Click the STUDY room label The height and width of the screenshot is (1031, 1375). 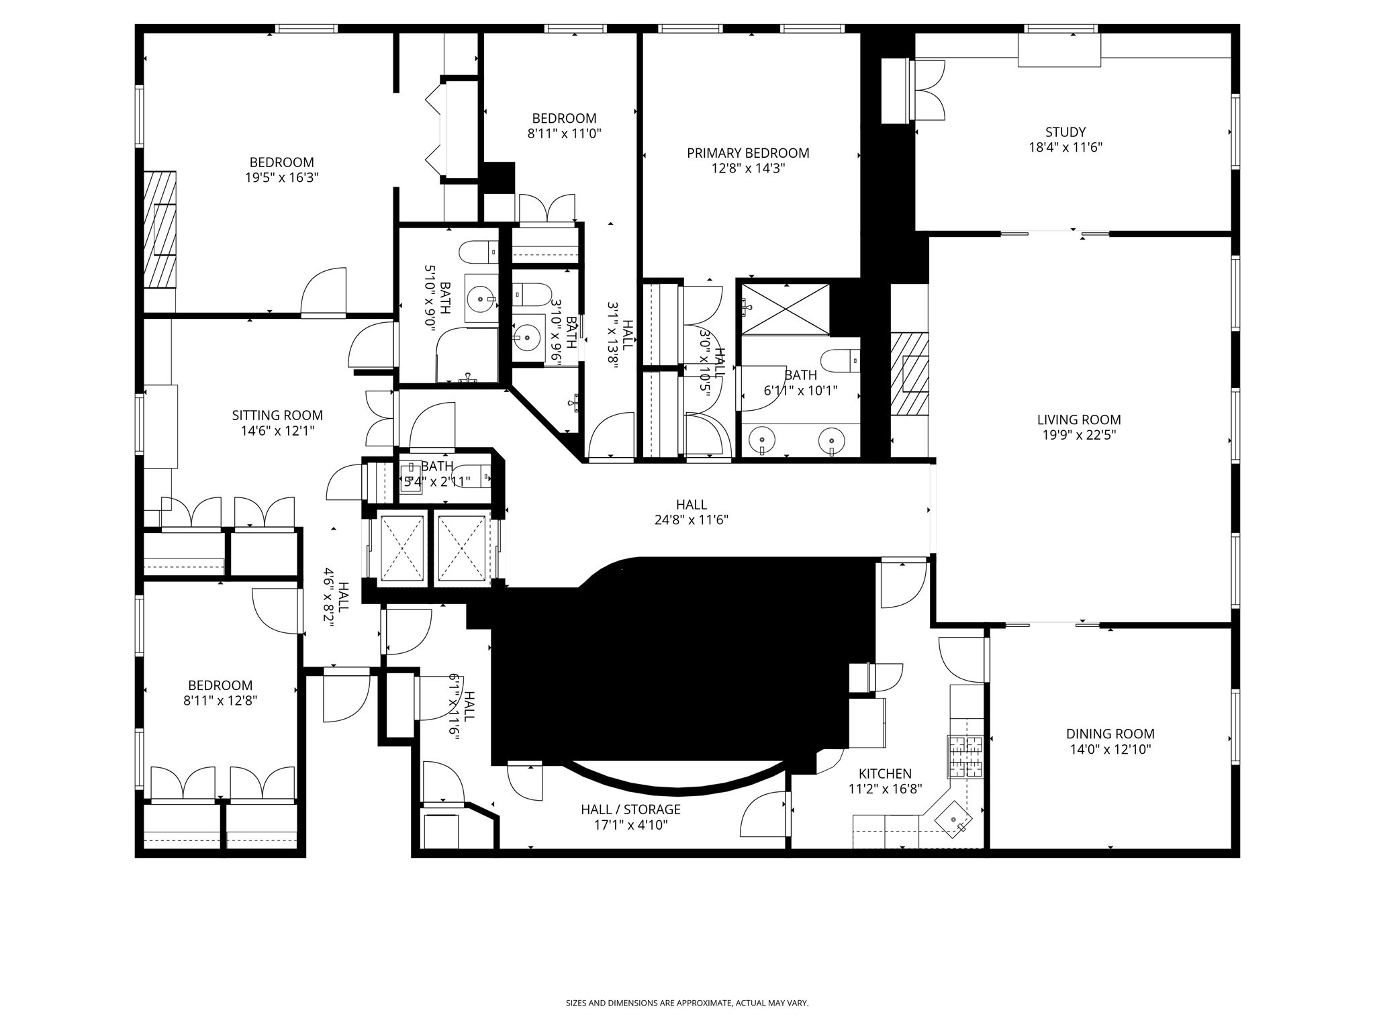(x=1065, y=132)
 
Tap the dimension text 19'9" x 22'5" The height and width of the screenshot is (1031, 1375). (x=1079, y=435)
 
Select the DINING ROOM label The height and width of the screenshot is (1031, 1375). (x=1110, y=734)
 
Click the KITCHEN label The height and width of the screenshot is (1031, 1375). (x=885, y=774)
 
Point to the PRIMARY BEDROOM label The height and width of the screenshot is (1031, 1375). (x=748, y=153)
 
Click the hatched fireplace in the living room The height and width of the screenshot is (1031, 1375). (x=910, y=374)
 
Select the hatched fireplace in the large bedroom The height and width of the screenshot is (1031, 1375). (x=160, y=230)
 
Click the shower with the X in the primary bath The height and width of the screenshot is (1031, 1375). (x=786, y=309)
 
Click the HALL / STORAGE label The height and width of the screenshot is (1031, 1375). (x=630, y=809)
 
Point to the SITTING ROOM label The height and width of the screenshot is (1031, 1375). (x=277, y=415)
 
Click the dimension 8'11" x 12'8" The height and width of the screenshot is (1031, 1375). (x=220, y=701)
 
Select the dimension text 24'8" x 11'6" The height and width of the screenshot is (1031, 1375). (x=691, y=520)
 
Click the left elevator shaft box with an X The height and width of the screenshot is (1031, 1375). (x=401, y=548)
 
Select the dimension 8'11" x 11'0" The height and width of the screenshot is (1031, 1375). (x=564, y=134)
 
